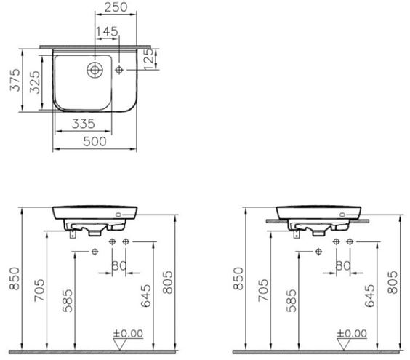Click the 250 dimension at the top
[116, 7]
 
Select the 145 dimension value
[107, 31]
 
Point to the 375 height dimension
[15, 80]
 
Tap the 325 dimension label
[35, 82]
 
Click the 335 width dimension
[83, 124]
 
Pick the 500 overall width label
[95, 142]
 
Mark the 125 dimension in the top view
[149, 59]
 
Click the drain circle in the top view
[95, 70]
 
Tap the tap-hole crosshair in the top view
[119, 70]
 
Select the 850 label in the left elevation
[15, 279]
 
